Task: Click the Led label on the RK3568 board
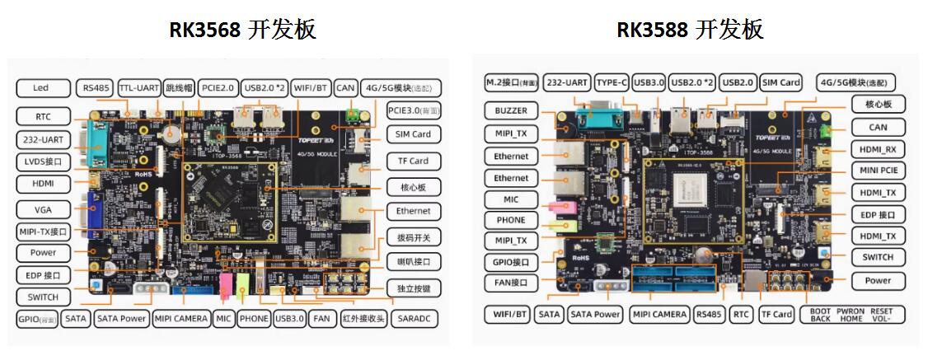(x=41, y=87)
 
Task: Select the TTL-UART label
(x=138, y=87)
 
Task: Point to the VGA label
(x=43, y=209)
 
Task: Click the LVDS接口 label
(x=43, y=161)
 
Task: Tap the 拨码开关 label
(x=413, y=237)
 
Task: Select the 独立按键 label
(x=413, y=288)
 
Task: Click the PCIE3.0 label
(x=413, y=110)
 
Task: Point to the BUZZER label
(x=511, y=110)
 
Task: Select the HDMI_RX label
(x=878, y=149)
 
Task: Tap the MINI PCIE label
(x=878, y=171)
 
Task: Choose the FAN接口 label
(x=511, y=283)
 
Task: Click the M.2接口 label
(x=511, y=82)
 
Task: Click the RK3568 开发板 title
(x=242, y=30)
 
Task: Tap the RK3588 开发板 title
(x=690, y=30)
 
